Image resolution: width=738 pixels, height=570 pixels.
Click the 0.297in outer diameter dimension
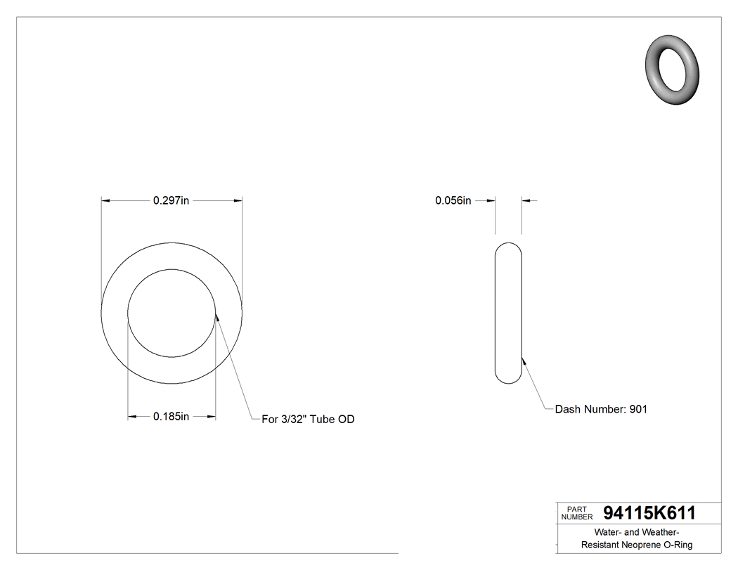click(171, 201)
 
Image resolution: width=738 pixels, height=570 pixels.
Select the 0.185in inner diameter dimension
click(171, 417)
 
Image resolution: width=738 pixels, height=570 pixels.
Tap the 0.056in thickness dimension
click(453, 201)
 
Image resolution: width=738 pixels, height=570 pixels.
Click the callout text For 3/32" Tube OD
click(308, 420)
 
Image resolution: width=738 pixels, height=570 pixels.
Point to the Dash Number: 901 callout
click(601, 409)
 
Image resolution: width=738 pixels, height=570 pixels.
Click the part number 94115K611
click(649, 513)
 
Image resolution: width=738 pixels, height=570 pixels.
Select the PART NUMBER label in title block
click(576, 513)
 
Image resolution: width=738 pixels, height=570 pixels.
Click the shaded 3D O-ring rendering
click(673, 69)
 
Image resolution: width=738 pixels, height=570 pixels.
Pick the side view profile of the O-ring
click(508, 313)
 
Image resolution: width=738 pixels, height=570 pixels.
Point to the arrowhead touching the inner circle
click(217, 317)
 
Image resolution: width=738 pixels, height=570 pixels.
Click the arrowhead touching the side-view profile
click(524, 361)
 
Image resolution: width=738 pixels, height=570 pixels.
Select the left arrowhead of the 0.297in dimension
click(106, 201)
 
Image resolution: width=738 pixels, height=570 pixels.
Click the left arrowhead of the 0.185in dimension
click(132, 417)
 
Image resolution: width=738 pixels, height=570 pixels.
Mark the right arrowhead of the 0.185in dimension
click(211, 417)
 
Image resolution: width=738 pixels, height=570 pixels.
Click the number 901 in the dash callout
click(638, 409)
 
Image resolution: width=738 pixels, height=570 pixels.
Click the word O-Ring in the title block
click(679, 545)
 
